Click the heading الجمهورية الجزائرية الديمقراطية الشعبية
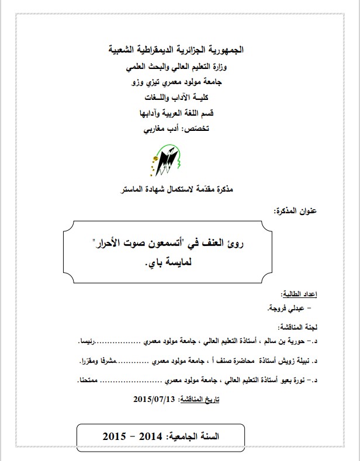(x=176, y=50)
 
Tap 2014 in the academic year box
(x=148, y=436)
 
